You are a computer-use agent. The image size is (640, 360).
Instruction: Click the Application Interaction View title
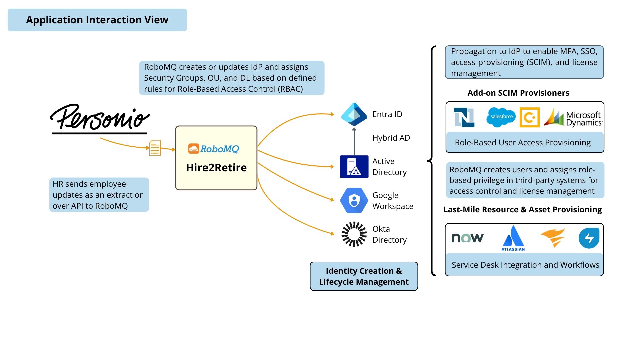coord(97,20)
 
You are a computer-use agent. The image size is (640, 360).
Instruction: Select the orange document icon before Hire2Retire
coord(155,148)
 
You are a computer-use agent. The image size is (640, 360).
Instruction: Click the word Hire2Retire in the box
coord(216,167)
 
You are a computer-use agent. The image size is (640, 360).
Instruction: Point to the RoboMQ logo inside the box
coord(213,149)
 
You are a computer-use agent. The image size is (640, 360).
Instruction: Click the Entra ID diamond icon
coord(354,114)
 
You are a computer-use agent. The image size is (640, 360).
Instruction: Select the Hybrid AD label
coord(391,138)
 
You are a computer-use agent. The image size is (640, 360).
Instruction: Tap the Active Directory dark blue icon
coord(354,167)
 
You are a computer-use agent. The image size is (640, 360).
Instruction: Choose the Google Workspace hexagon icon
coord(354,200)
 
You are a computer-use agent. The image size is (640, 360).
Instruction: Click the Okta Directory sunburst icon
coord(354,234)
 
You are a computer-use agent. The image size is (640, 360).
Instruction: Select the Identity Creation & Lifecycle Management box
coord(364,276)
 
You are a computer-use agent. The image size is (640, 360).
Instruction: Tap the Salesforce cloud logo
coord(501,117)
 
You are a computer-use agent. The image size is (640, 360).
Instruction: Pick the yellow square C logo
coord(529,117)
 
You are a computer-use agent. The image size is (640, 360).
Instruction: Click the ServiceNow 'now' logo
coord(467,238)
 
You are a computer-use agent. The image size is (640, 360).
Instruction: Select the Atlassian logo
coord(513,238)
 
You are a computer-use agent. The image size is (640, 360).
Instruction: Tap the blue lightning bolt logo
coord(589,238)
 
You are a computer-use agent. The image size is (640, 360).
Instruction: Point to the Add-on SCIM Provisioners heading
coord(518,93)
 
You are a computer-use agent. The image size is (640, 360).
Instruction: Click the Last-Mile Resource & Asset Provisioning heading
coord(522,210)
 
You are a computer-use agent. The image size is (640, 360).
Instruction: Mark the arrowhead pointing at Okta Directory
coord(332,234)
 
